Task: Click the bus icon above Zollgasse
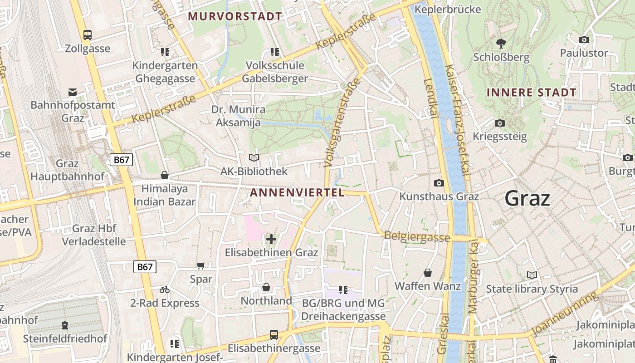(88, 34)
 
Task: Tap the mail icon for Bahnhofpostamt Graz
(73, 92)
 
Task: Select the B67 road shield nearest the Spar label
(145, 267)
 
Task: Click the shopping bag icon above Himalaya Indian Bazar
(165, 175)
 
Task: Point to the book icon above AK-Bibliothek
(254, 158)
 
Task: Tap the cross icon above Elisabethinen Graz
(271, 239)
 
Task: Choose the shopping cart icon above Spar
(201, 265)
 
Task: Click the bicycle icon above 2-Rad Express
(165, 289)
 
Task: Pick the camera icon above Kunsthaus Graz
(439, 183)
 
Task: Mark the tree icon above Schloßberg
(501, 44)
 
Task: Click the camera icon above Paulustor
(584, 39)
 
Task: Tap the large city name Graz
(527, 199)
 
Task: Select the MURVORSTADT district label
(235, 16)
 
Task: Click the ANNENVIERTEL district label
(297, 192)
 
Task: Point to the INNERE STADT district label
(531, 93)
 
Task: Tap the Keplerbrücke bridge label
(448, 9)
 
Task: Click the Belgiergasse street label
(417, 236)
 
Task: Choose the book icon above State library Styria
(532, 275)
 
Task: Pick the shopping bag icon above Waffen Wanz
(428, 273)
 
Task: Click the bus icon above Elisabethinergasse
(274, 335)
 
